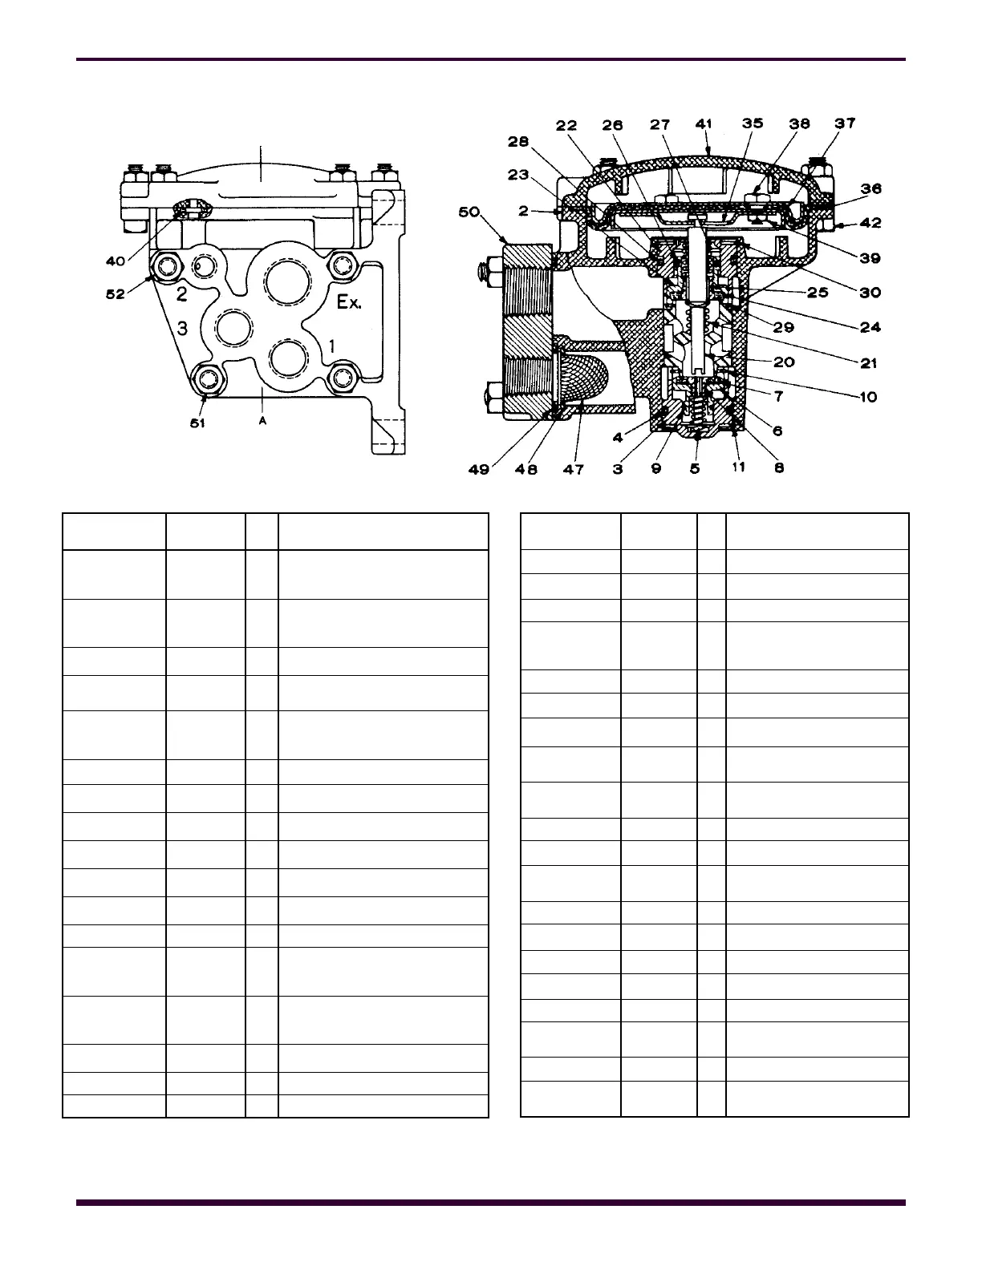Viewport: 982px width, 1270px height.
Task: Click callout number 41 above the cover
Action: click(704, 124)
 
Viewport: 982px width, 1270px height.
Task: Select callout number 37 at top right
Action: click(845, 123)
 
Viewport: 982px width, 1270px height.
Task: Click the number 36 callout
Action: click(870, 188)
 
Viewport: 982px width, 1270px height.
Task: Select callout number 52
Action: click(116, 294)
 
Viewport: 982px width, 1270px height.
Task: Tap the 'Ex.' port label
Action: click(349, 303)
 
